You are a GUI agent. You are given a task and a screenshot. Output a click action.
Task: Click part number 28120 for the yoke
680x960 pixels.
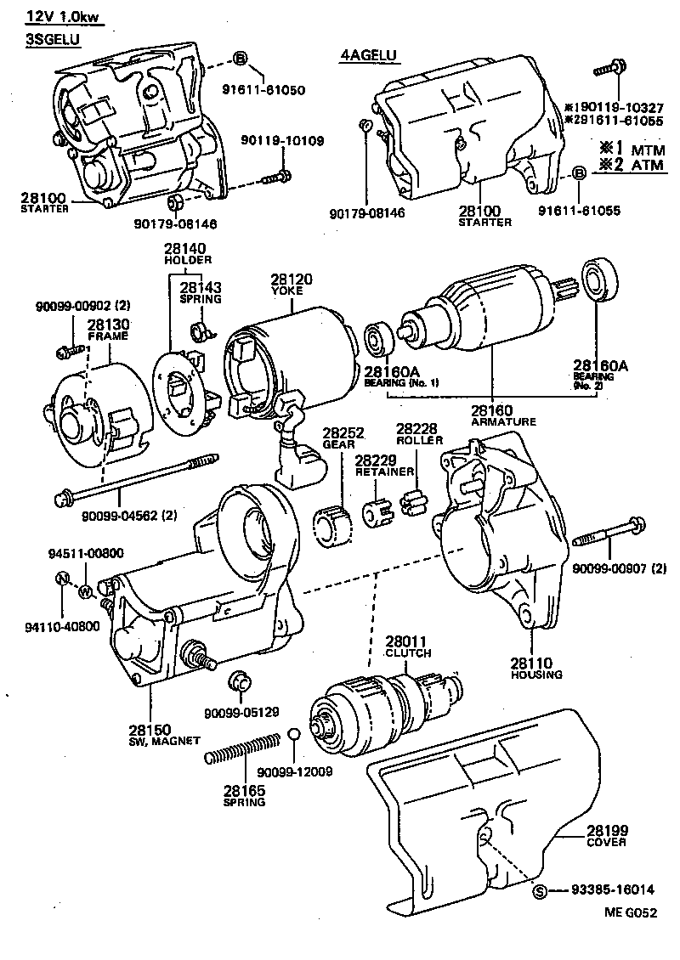tap(292, 279)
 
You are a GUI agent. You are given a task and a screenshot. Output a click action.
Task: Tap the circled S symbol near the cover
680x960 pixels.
tap(539, 891)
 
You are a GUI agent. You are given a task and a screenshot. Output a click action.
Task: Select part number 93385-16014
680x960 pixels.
tap(609, 891)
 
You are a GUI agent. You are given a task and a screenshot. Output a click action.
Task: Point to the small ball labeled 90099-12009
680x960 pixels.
tap(292, 734)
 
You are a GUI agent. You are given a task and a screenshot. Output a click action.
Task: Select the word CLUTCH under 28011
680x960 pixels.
tap(408, 653)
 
